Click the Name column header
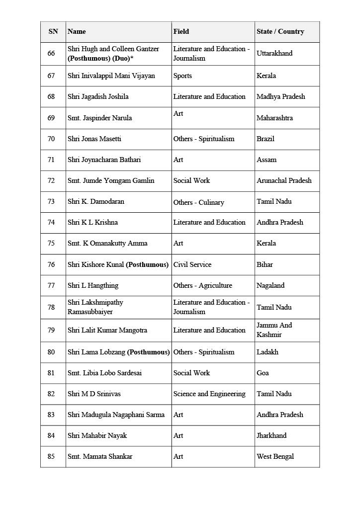77,31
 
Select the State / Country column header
280,31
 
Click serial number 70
51,139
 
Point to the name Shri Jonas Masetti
94,139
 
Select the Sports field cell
182,76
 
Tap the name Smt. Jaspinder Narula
100,118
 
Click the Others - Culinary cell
198,202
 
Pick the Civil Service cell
192,264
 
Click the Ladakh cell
268,352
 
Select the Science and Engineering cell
209,394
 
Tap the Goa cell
263,373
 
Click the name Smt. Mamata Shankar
100,456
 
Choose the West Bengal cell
275,456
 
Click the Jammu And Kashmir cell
274,330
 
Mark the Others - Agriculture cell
202,285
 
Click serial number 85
51,456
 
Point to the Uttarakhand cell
274,53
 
